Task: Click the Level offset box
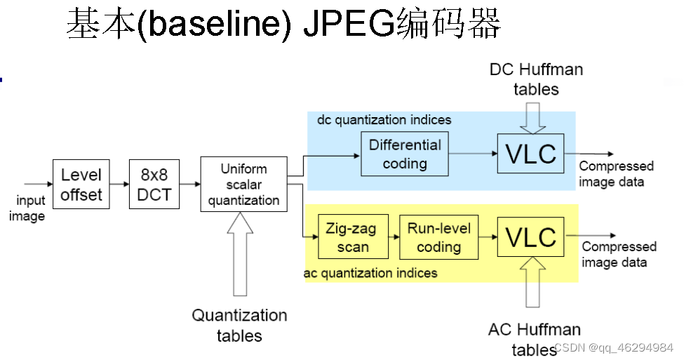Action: pos(81,185)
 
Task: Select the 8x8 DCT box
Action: pos(154,185)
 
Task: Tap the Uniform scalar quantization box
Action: pos(243,184)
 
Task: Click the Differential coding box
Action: pos(404,154)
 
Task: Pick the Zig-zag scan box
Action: pos(353,237)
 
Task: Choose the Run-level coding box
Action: pos(438,237)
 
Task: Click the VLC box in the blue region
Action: pos(531,154)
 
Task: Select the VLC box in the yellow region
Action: pos(531,237)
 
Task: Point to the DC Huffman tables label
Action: pos(536,79)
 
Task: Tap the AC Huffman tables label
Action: pos(535,338)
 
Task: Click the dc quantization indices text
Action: pos(384,120)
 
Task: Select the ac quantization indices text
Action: pos(370,273)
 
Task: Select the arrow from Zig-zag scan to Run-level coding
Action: pos(394,237)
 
